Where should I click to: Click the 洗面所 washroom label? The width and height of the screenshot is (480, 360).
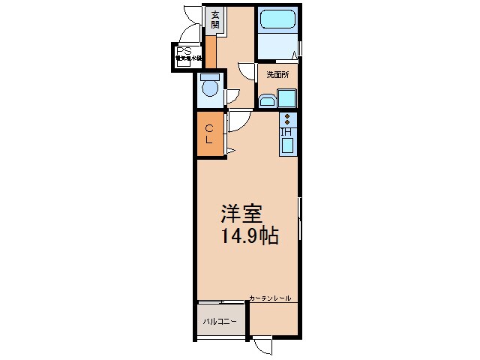coord(278,74)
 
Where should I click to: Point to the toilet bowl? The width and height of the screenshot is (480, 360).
coord(211,91)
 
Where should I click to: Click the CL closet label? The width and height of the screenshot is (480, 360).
coord(210,133)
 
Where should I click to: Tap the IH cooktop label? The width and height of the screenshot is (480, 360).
coord(286,131)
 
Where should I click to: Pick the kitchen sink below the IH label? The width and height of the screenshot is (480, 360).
coord(287,145)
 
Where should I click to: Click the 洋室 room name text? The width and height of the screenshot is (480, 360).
coord(240,214)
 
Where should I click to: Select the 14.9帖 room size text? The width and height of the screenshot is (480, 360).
coord(249,238)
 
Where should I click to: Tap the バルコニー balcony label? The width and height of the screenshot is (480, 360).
coord(219,321)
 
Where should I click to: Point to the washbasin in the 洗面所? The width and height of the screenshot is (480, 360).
coord(266,100)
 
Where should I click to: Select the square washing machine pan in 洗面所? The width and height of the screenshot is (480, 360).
coord(286,98)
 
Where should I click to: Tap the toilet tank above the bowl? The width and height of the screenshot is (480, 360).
coord(210,76)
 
